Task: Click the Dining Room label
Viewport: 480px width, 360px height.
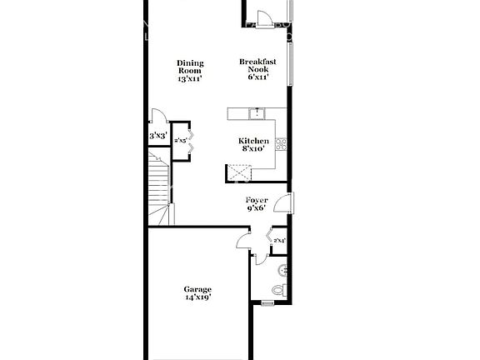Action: pyautogui.click(x=190, y=64)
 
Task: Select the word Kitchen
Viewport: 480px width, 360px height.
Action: pyautogui.click(x=253, y=141)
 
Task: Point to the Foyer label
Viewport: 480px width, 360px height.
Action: pyautogui.click(x=256, y=201)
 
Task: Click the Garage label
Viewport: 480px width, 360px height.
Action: pyautogui.click(x=197, y=289)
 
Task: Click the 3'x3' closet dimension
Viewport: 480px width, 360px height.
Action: pyautogui.click(x=158, y=135)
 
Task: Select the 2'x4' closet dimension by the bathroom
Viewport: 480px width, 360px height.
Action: pyautogui.click(x=279, y=241)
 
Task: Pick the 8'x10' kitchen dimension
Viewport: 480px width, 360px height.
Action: pyautogui.click(x=253, y=149)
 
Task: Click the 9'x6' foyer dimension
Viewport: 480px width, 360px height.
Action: pyautogui.click(x=256, y=209)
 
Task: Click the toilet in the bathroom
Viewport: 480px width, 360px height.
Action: pyautogui.click(x=280, y=289)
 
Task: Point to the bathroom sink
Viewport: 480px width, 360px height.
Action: pyautogui.click(x=282, y=269)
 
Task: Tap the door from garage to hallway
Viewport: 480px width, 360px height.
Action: pyautogui.click(x=242, y=242)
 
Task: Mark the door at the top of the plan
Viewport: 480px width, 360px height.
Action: pyautogui.click(x=265, y=18)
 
